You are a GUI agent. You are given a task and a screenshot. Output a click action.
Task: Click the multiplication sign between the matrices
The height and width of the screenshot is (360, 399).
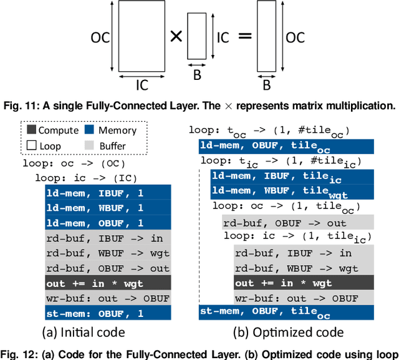177,37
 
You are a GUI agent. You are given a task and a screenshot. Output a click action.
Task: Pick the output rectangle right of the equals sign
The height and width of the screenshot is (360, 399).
266,39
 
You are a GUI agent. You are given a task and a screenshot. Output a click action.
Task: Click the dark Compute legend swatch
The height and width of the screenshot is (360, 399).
31,130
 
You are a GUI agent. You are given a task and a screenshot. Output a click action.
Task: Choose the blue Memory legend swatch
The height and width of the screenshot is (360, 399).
91,130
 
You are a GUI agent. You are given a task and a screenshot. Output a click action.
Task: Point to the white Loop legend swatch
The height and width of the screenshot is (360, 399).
31,145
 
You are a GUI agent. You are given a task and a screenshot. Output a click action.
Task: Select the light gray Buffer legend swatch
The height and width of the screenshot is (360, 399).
91,145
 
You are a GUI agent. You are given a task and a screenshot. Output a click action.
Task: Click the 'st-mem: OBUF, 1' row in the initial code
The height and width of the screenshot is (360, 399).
108,313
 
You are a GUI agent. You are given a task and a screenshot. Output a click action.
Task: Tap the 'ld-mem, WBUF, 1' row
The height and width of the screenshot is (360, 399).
108,208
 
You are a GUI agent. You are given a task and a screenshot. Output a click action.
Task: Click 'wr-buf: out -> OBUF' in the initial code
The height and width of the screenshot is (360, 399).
108,298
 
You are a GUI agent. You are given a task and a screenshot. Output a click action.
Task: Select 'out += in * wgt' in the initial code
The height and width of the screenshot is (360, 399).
108,283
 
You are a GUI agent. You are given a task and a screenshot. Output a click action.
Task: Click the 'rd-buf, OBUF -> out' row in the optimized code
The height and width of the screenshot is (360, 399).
297,223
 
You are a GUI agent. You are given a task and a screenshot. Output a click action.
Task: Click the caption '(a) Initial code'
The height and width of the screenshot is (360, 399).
83,333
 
